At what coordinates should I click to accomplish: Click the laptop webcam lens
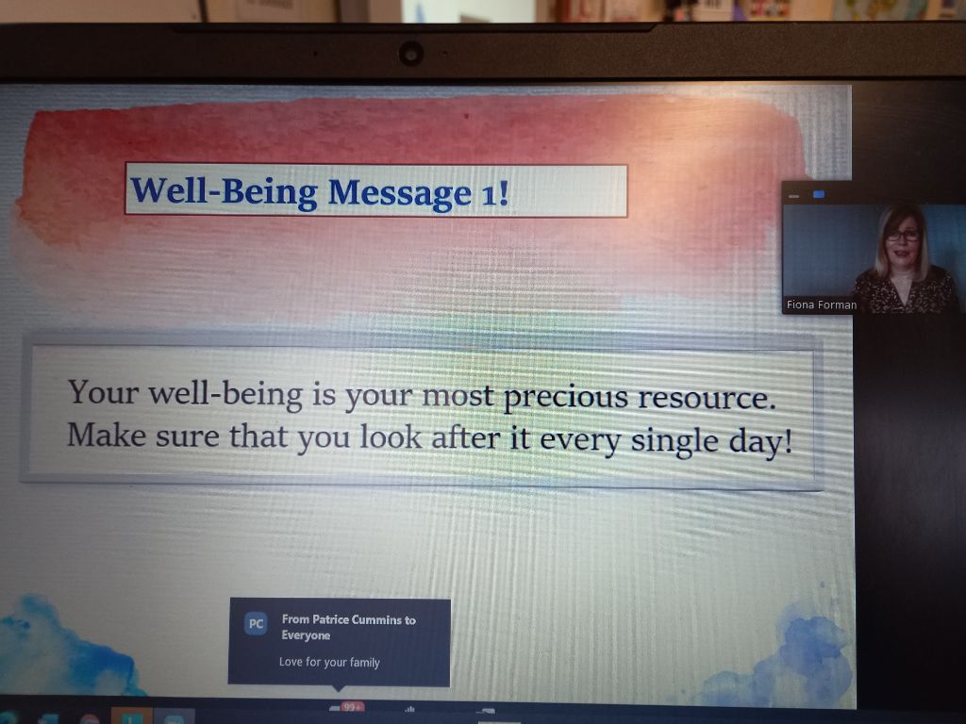(x=411, y=54)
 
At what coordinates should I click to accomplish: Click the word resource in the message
(x=706, y=399)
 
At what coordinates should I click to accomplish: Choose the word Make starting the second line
(x=107, y=435)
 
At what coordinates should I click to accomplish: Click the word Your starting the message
(x=103, y=392)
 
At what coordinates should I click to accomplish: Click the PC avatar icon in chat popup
(x=256, y=624)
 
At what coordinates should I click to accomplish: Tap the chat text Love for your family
(x=329, y=663)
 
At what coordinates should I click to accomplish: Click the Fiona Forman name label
(x=822, y=304)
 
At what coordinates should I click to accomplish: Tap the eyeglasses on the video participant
(x=903, y=236)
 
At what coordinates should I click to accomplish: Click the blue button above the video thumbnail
(x=819, y=194)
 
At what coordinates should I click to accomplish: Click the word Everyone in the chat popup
(x=306, y=635)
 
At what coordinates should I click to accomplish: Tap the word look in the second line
(x=391, y=436)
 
